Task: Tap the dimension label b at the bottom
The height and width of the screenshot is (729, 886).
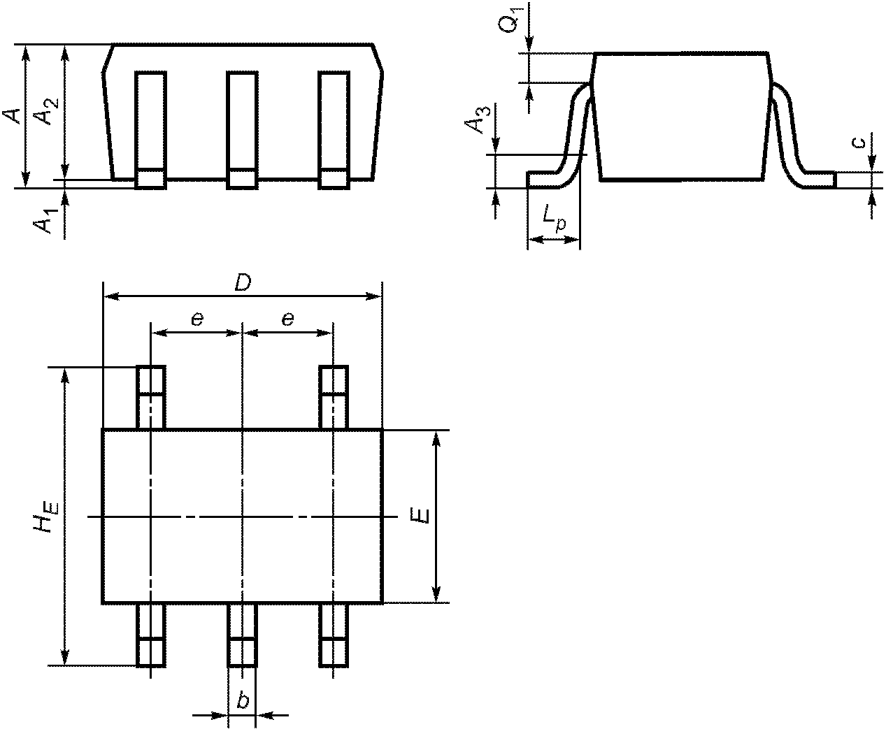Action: click(x=243, y=701)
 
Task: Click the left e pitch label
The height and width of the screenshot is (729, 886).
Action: click(x=197, y=319)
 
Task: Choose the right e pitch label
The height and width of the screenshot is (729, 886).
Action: click(x=287, y=319)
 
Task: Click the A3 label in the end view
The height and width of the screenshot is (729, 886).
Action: click(x=476, y=120)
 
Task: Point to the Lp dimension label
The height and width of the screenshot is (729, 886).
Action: click(x=554, y=218)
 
